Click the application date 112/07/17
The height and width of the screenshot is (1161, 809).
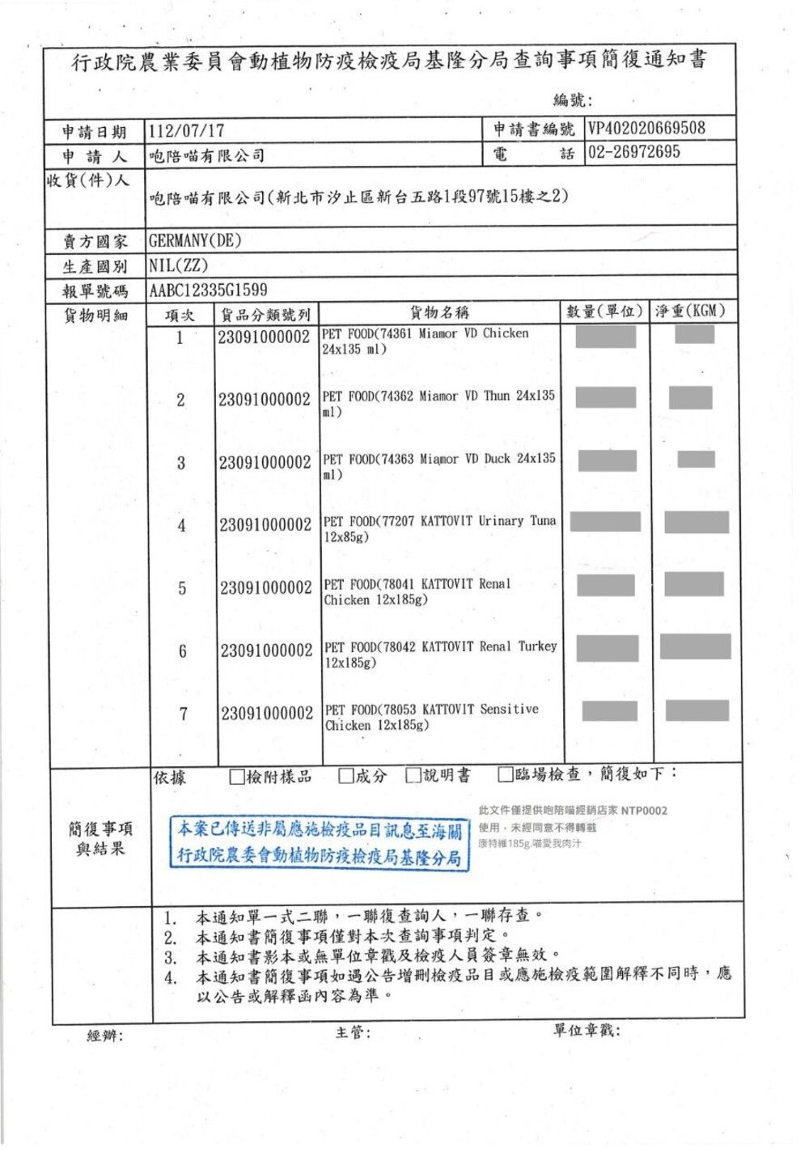pos(187,131)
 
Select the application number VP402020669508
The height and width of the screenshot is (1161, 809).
pos(646,129)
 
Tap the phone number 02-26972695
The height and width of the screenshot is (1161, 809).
pos(634,152)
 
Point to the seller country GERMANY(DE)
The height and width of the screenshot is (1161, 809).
pos(195,240)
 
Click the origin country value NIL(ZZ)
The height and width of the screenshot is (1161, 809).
pos(179,265)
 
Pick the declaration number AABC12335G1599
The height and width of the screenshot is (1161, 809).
pos(208,290)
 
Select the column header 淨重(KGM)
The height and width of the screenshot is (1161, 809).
pos(690,311)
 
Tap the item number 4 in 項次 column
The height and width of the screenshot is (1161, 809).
pos(181,526)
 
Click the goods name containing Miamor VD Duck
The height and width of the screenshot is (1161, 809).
pos(439,466)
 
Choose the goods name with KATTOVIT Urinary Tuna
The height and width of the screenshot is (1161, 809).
pos(439,528)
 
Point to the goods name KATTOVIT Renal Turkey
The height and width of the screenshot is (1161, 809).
pos(441,654)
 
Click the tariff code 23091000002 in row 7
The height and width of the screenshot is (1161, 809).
pos(267,714)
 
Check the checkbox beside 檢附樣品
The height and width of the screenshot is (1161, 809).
pos(237,778)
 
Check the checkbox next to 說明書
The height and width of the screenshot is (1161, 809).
pos(413,776)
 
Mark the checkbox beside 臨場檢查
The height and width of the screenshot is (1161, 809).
pos(506,775)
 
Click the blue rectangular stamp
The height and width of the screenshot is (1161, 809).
pos(319,843)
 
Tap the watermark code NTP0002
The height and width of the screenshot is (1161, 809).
pos(644,811)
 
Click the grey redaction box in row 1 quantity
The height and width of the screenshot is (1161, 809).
pos(605,336)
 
